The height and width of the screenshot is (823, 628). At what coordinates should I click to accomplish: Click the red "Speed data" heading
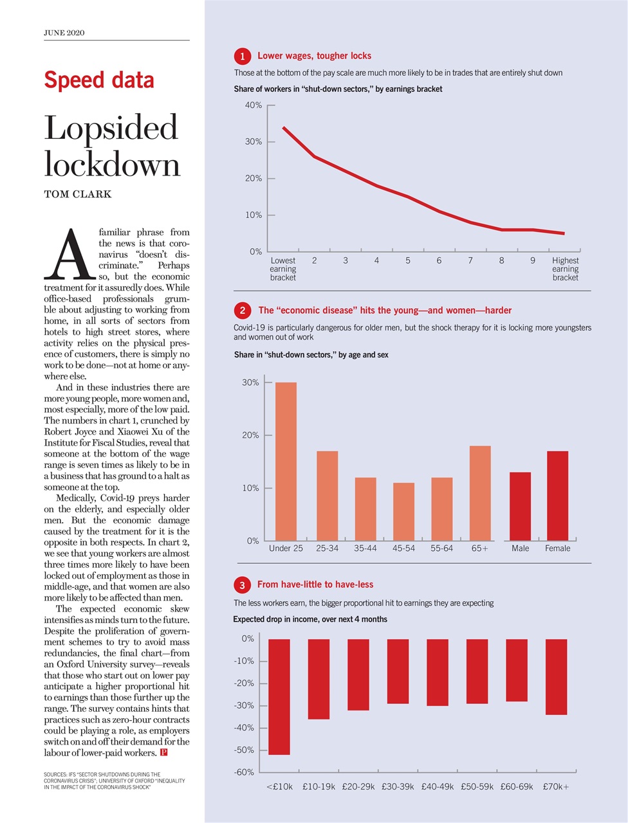pos(99,80)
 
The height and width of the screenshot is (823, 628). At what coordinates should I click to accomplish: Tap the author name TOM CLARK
pos(77,194)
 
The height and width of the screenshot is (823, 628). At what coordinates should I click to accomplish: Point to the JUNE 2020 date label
pos(64,33)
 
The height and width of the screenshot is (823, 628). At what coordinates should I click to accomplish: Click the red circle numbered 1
pos(242,57)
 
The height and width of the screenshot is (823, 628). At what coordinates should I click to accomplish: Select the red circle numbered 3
pos(242,585)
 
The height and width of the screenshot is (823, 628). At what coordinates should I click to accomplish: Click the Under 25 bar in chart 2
pos(286,461)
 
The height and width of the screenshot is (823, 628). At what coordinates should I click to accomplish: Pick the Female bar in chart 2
pos(557,495)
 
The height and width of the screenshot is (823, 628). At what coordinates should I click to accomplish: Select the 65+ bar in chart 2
pos(480,493)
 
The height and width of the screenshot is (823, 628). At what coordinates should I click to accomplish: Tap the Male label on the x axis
pos(520,548)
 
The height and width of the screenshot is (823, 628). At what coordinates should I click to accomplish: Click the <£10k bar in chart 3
pos(279,696)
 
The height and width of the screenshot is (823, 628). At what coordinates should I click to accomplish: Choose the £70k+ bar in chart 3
pos(556,676)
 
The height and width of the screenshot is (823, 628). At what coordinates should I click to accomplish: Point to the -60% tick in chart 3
pos(243,772)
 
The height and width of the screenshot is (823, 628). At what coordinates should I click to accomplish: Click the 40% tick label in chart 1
pos(253,105)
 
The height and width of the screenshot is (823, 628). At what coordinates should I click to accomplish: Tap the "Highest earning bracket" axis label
pos(565,269)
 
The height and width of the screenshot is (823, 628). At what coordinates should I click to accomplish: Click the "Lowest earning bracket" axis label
pos(283,269)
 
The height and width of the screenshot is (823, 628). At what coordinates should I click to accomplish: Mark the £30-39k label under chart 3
pos(398,786)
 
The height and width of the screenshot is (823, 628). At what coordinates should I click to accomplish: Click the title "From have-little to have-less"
pos(315,584)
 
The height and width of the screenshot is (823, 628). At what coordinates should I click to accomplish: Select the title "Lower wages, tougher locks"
pos(314,56)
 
